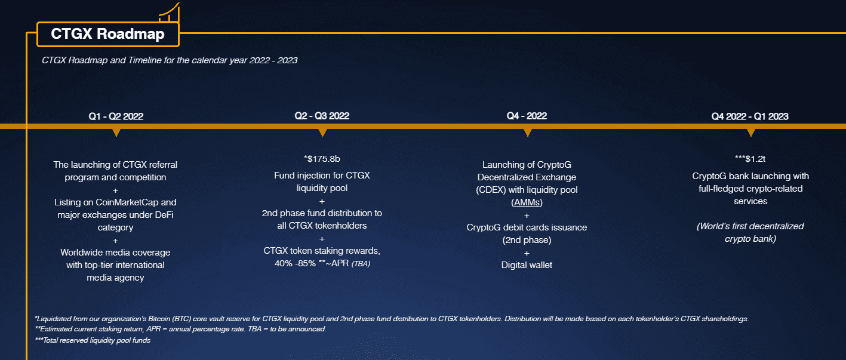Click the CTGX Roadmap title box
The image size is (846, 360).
point(107,34)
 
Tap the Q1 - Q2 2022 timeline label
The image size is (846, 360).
point(116,116)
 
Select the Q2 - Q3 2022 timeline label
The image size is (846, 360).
point(322,116)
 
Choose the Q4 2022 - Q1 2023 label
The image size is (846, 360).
point(749,116)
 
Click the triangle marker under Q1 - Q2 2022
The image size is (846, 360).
point(116,133)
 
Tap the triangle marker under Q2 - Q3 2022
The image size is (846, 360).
point(322,133)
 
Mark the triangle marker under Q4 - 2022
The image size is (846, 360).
point(527,133)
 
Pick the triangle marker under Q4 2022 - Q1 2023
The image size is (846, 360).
point(751,133)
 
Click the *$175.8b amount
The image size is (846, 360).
point(322,159)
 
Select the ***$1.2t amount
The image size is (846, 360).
point(750,159)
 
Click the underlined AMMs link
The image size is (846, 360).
point(527,203)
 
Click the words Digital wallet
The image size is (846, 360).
point(527,264)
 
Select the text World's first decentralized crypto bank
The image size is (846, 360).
point(750,232)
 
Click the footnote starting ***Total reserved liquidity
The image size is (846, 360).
point(93,340)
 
